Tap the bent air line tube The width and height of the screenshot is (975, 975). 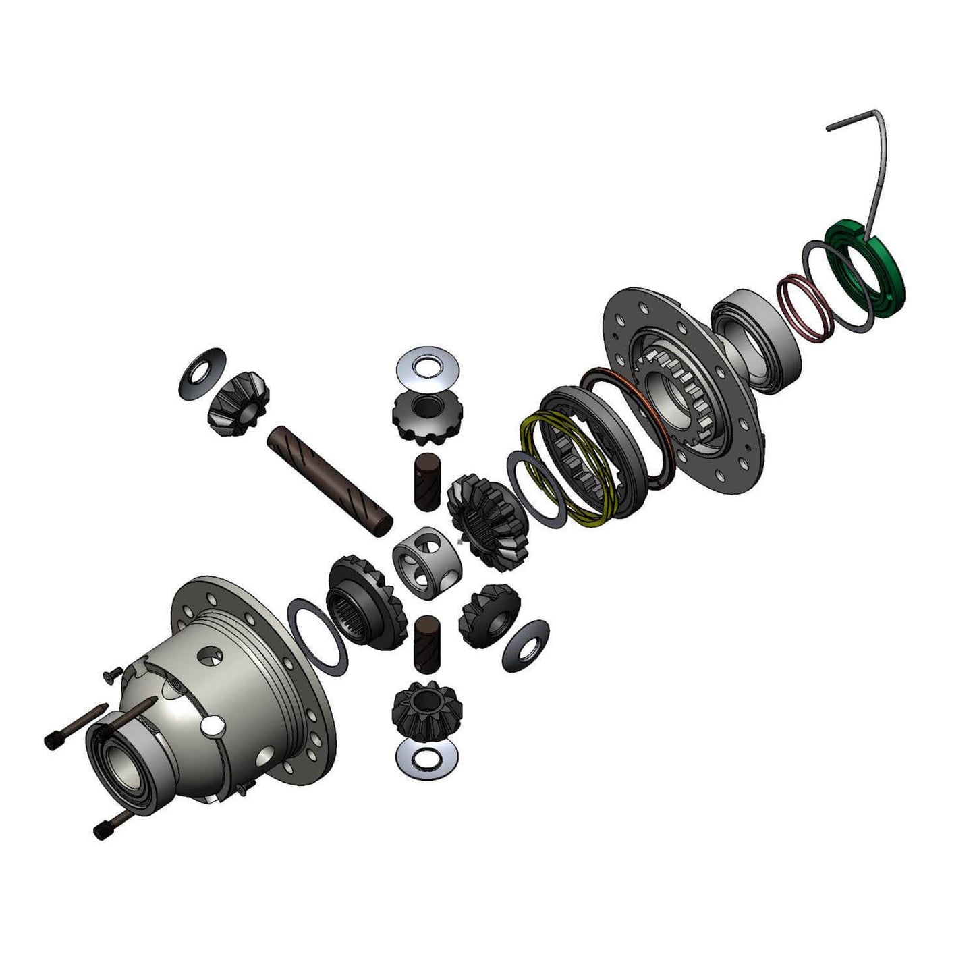point(877,169)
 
